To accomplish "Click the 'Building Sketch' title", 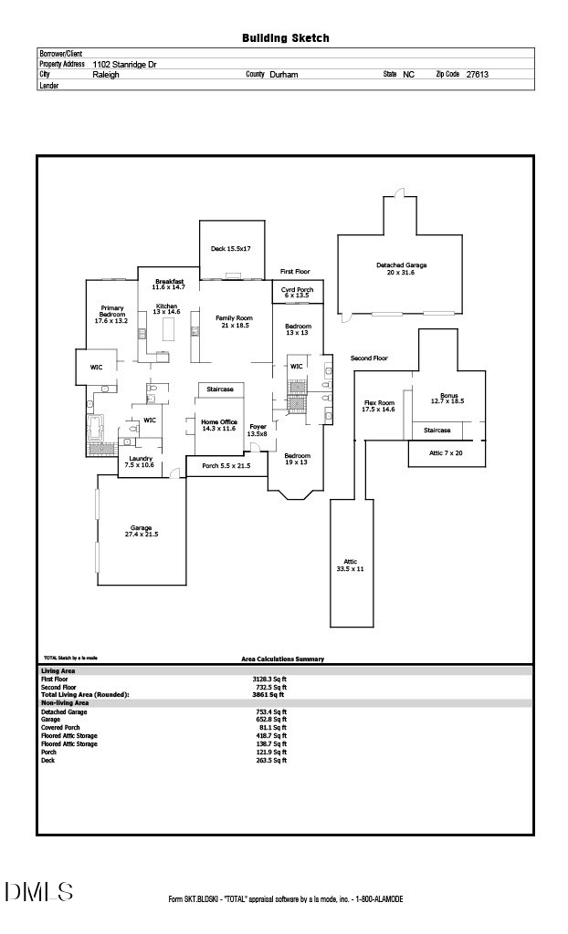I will point(285,38).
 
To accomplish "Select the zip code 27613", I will point(477,75).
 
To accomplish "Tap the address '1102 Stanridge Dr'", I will point(125,65).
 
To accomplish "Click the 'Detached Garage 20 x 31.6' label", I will point(401,268).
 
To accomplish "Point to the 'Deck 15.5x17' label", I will point(230,248).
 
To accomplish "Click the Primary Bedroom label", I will point(112,315).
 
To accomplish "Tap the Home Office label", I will point(219,425).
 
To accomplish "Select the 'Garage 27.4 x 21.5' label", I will point(141,531).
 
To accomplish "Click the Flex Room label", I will point(379,406).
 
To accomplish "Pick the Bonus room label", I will point(447,398).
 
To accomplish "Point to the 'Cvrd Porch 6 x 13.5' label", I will point(296,293).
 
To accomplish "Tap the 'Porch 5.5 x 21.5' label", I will point(226,466).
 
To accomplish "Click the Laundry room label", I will point(140,462).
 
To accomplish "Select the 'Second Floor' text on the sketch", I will point(369,358).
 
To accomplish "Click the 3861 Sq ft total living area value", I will point(271,694).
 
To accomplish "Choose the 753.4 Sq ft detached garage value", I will point(271,711).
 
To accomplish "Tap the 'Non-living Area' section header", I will point(65,703).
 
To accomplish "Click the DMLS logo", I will point(38,891).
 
